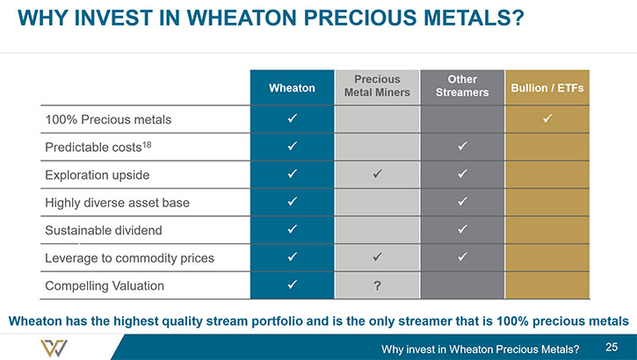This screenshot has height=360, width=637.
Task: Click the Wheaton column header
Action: [x=292, y=88]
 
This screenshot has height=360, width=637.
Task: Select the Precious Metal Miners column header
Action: [x=377, y=86]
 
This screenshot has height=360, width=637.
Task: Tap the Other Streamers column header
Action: [x=462, y=86]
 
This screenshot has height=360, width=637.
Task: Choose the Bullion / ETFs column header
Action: [x=547, y=88]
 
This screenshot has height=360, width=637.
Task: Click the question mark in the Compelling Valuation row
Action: [x=378, y=285]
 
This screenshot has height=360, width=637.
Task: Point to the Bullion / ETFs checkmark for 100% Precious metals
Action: [x=547, y=119]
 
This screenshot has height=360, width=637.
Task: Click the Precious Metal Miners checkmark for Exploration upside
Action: [x=378, y=174]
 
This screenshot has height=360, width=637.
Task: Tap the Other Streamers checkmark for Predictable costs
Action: [x=462, y=146]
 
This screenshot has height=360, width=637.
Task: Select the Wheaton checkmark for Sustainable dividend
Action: [x=292, y=229]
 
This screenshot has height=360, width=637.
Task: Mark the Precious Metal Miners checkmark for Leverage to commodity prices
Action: [x=378, y=256]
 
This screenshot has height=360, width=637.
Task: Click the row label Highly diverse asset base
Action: [x=117, y=203]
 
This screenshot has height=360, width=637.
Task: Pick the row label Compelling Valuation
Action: [x=105, y=285]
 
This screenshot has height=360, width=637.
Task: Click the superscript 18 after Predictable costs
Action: [x=147, y=144]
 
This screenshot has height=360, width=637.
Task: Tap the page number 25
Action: [x=612, y=347]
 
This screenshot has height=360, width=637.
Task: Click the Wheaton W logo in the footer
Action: [x=54, y=349]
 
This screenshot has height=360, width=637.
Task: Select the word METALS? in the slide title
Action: [x=474, y=18]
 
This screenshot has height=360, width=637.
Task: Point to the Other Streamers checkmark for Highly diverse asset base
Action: [x=462, y=201]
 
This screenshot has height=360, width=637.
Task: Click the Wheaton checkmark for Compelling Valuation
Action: [x=292, y=284]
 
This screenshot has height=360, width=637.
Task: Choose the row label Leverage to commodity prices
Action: [x=129, y=258]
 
